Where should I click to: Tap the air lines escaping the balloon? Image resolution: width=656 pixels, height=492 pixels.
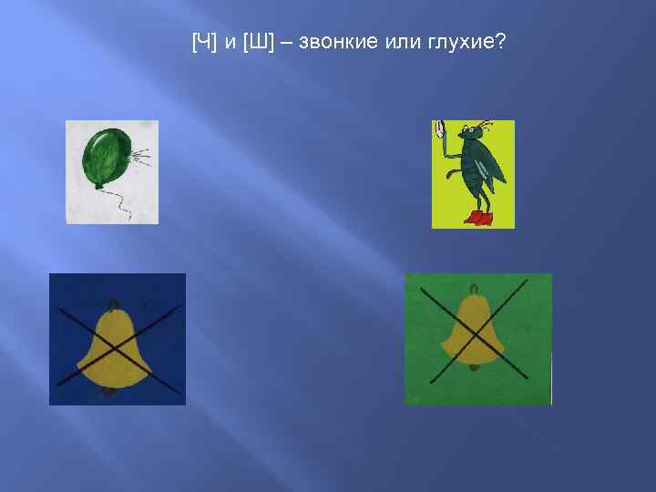pos(141,159)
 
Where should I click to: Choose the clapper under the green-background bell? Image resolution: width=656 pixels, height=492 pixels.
pos(473,367)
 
